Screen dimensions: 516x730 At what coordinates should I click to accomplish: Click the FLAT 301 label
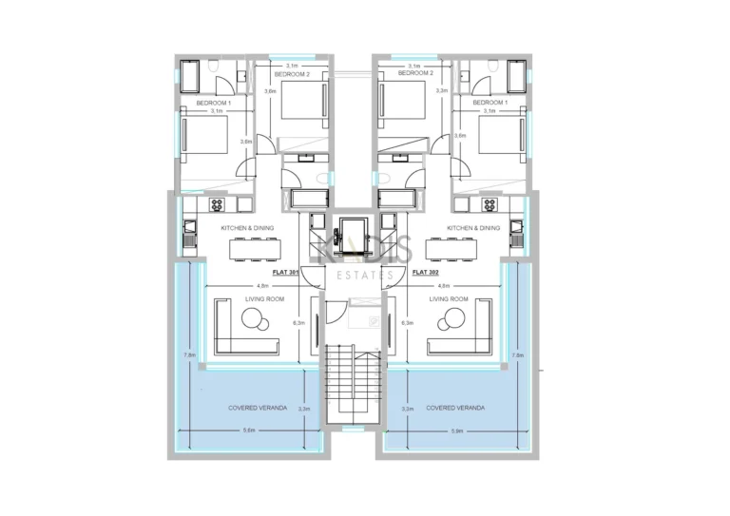(285, 272)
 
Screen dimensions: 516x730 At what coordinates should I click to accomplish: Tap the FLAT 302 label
(425, 272)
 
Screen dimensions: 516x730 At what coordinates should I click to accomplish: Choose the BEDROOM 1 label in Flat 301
(215, 102)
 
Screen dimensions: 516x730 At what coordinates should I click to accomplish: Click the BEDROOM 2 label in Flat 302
(415, 73)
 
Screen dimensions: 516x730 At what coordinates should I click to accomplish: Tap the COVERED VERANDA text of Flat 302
(455, 408)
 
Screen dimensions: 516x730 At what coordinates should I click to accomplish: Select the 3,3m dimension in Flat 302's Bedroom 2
(441, 91)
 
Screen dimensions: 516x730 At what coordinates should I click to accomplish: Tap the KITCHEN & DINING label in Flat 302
(472, 228)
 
